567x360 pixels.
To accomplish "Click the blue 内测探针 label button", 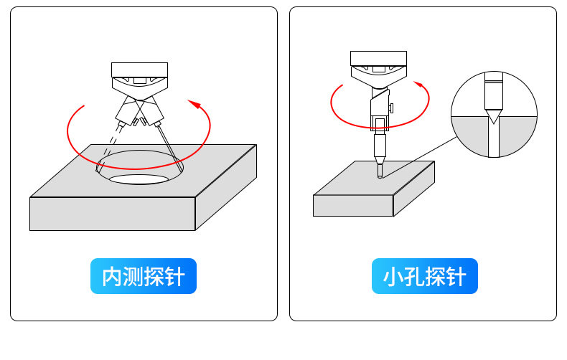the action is click(x=144, y=276).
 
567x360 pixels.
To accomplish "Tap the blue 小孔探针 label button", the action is click(x=424, y=276).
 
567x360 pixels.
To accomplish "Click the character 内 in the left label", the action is click(x=111, y=277).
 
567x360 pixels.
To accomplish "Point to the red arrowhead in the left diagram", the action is click(x=195, y=104).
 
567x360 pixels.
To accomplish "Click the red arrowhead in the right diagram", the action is click(x=418, y=84).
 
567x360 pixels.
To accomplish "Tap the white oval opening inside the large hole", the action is click(x=139, y=179).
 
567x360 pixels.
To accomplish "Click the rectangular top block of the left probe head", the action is click(x=139, y=70).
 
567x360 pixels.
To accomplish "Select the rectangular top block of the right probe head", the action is click(x=379, y=58).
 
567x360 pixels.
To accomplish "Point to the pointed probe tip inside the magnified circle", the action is click(x=493, y=117).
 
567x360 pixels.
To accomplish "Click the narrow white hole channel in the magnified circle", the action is click(x=494, y=139).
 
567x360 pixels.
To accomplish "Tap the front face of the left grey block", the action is click(x=113, y=214).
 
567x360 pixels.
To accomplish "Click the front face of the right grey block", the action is click(x=353, y=206).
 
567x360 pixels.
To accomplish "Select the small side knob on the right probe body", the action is click(x=391, y=108).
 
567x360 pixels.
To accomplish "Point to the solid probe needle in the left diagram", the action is click(x=169, y=148).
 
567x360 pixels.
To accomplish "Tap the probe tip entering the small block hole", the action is click(x=380, y=171).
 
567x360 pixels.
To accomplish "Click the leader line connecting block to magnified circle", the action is click(x=419, y=157).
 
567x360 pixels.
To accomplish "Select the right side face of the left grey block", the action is click(x=226, y=187).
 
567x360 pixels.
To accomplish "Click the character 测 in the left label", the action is click(x=132, y=277).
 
